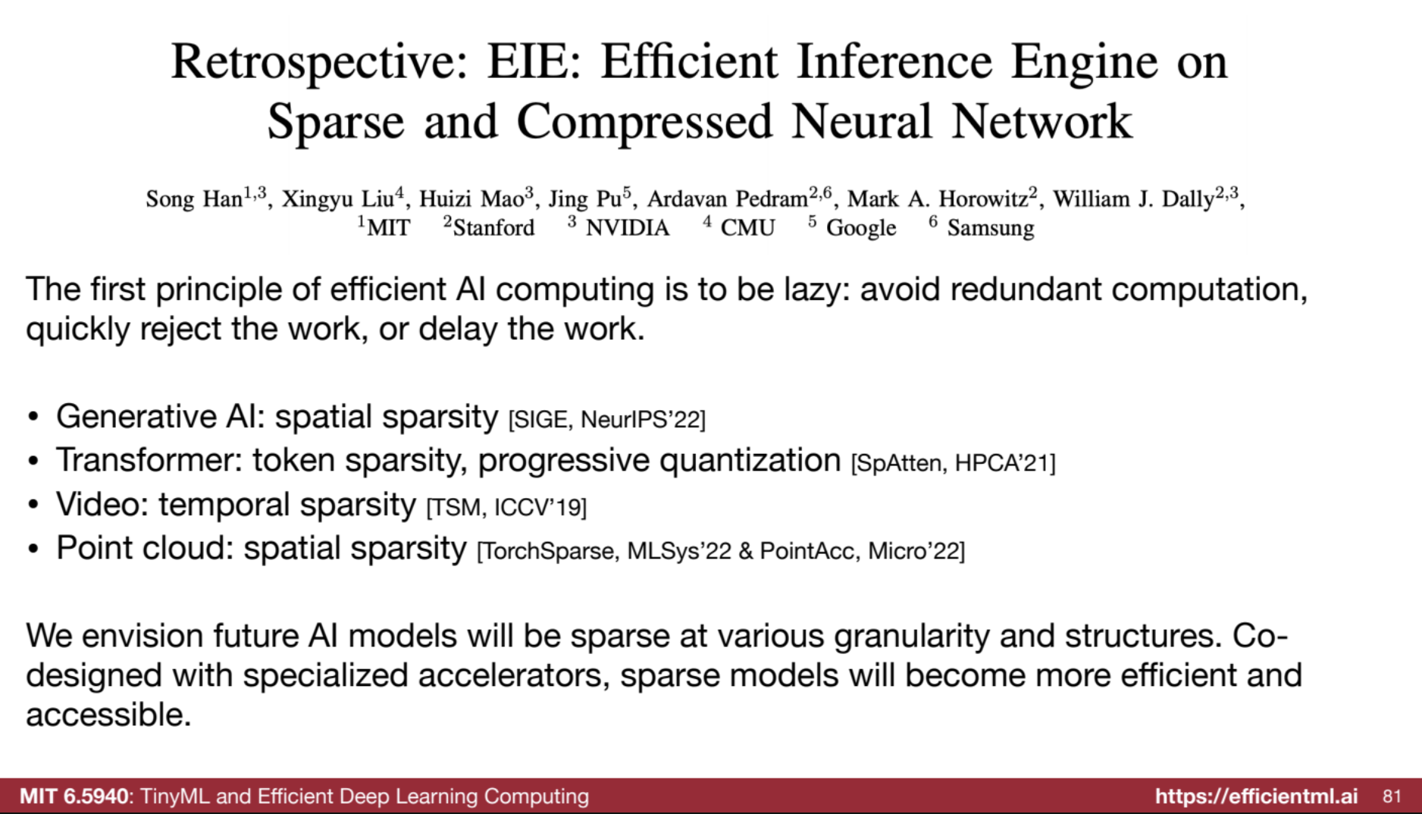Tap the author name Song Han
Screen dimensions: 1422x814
click(x=194, y=199)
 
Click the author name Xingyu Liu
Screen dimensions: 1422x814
click(x=338, y=199)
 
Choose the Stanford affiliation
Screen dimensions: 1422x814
click(x=493, y=227)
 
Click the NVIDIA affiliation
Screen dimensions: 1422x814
click(x=628, y=227)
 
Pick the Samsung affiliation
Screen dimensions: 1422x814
click(x=991, y=228)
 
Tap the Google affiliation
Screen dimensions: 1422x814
click(x=861, y=228)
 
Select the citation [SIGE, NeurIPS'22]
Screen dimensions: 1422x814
click(x=607, y=419)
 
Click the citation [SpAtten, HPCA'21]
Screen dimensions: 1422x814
click(x=954, y=463)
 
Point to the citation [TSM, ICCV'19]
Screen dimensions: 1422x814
click(x=507, y=507)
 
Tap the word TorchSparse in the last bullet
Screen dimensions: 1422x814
click(x=548, y=551)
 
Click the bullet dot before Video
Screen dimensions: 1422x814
click(x=33, y=506)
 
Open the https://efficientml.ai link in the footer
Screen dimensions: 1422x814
click(x=1257, y=796)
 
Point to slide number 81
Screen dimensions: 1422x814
click(x=1392, y=796)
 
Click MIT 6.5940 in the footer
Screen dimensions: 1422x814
click(x=74, y=796)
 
